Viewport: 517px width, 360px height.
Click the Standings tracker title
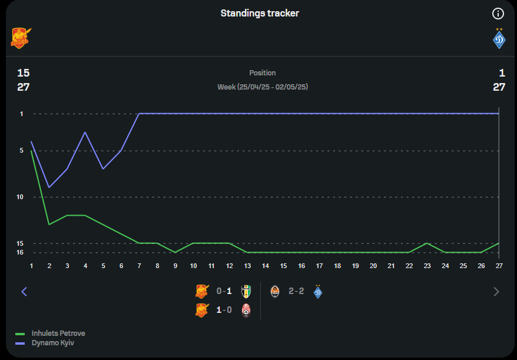click(x=260, y=13)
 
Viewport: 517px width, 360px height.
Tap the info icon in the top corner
click(x=498, y=14)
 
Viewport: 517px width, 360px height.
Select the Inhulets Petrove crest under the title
click(x=21, y=38)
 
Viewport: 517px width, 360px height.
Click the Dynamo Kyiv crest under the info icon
click(x=499, y=39)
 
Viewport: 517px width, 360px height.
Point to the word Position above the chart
click(x=262, y=73)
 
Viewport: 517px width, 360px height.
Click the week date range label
click(x=263, y=87)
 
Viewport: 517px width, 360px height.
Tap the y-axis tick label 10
click(x=20, y=197)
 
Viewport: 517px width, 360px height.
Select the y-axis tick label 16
click(x=20, y=252)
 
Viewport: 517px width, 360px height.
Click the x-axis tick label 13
click(x=247, y=266)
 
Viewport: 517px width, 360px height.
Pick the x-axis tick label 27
click(x=499, y=266)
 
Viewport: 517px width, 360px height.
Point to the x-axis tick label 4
click(x=85, y=266)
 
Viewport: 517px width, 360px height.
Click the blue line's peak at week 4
click(x=85, y=132)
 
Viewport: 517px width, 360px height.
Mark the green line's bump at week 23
click(x=427, y=243)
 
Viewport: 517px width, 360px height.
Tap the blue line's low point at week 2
click(x=49, y=187)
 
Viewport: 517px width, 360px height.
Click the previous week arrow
click(x=24, y=291)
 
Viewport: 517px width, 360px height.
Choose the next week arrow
click(x=496, y=291)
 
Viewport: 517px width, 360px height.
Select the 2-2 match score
click(x=296, y=291)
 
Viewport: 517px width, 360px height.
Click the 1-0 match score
click(x=223, y=310)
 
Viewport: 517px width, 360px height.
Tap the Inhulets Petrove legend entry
click(x=58, y=333)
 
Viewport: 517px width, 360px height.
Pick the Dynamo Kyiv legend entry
click(x=53, y=342)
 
